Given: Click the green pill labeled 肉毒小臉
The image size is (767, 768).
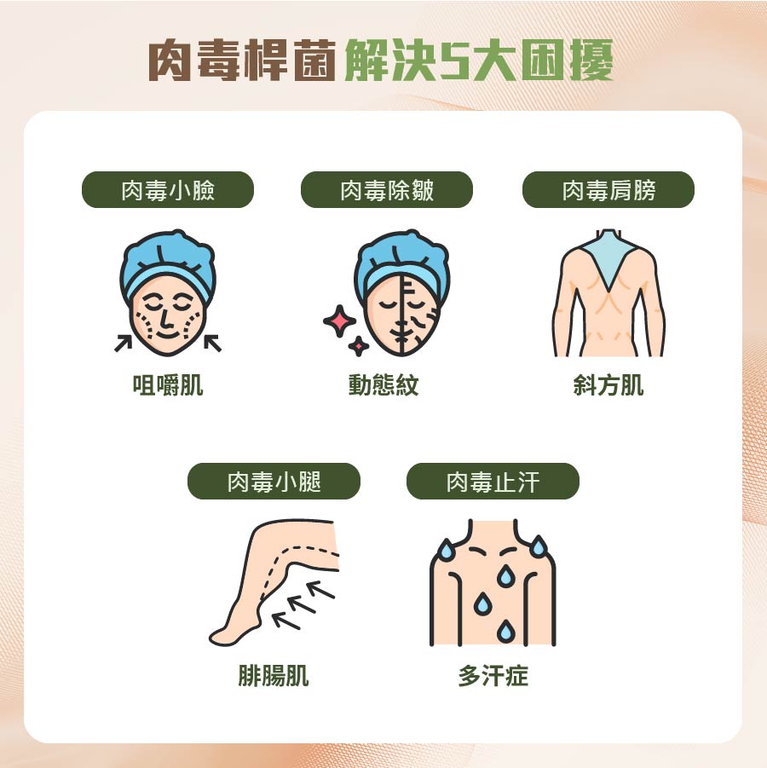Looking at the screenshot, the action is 168,189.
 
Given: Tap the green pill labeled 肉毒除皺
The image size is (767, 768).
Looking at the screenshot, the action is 386,189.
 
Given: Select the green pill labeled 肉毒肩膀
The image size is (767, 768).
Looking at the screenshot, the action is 608,189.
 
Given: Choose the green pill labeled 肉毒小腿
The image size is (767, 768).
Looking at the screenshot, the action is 274,481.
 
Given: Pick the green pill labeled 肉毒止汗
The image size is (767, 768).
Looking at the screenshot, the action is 493,481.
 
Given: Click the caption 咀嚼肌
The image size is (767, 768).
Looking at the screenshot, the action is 168,385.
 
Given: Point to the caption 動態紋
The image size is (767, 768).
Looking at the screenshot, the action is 383,385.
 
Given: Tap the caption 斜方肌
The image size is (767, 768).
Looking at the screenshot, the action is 608,385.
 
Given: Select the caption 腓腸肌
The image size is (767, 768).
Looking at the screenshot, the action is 274,676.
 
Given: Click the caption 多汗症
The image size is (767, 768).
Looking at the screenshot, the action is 493,676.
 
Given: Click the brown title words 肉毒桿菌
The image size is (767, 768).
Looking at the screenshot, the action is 242,61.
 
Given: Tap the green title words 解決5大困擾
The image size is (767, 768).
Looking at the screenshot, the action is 479,61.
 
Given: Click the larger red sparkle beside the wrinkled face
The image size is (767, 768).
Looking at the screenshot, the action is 339,320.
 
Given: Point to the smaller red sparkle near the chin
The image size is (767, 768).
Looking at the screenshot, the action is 359,346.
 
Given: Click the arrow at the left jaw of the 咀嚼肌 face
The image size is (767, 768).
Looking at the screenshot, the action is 123,343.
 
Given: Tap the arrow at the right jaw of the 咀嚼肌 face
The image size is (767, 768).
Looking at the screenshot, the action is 212,343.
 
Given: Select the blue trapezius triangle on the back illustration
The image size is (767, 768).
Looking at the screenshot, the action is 608,260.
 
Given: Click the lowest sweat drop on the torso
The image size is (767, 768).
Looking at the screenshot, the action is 505,631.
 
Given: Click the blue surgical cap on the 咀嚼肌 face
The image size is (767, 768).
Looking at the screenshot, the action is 168,264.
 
